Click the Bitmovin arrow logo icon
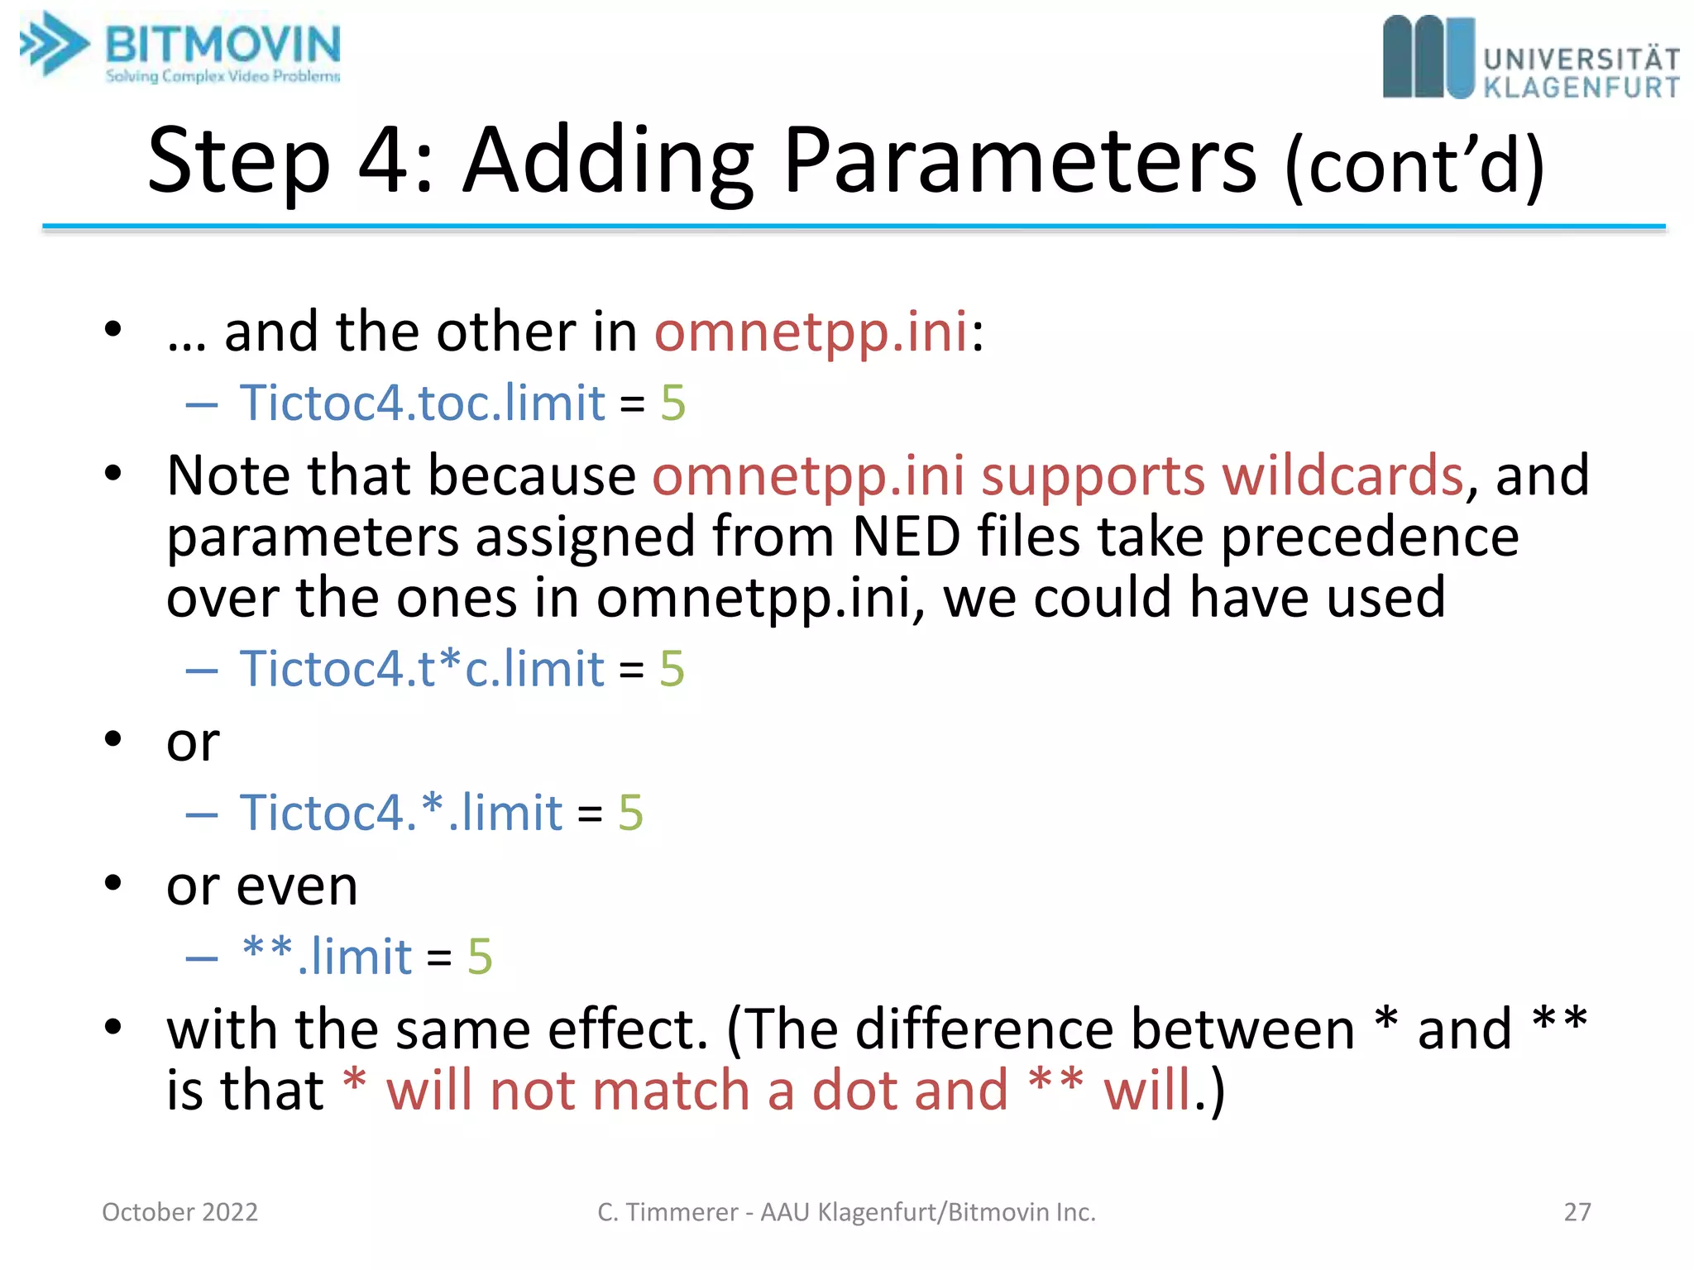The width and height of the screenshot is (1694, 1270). [x=55, y=45]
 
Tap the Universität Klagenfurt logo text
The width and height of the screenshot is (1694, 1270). [x=1581, y=73]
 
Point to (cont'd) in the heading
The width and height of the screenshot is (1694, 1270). [x=1415, y=165]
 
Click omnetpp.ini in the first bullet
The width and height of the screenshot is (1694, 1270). [x=811, y=332]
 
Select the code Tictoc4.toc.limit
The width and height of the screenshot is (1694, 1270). [x=423, y=403]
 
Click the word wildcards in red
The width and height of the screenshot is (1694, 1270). [x=1342, y=475]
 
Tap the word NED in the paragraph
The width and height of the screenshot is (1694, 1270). [x=906, y=537]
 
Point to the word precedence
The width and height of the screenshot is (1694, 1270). [x=1370, y=537]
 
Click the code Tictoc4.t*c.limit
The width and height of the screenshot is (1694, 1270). [x=422, y=668]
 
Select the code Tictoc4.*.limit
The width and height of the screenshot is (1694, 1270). [x=401, y=813]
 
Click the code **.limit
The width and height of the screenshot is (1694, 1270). [x=327, y=957]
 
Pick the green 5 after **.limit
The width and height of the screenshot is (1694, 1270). [x=480, y=957]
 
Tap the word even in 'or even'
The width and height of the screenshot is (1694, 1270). [x=297, y=886]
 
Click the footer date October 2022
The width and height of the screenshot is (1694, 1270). [x=179, y=1212]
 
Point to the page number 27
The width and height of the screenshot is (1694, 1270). [x=1577, y=1212]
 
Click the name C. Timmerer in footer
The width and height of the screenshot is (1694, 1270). [x=667, y=1212]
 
